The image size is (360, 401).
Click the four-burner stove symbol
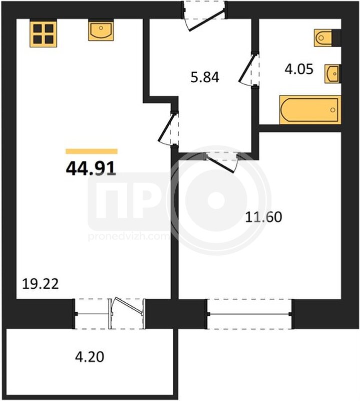click(43, 34)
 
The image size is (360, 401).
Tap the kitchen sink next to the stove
click(101, 31)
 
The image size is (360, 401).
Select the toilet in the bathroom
click(323, 38)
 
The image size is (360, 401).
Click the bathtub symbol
click(310, 110)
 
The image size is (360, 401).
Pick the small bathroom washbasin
click(332, 74)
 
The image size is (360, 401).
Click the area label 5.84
click(205, 77)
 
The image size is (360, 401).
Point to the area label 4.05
click(299, 69)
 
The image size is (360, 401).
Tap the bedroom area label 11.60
click(263, 217)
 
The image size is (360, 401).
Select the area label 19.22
click(41, 284)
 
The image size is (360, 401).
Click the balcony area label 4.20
click(90, 357)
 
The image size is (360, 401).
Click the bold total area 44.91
click(91, 169)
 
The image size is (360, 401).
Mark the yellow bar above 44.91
click(92, 151)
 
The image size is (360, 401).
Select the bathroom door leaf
click(247, 68)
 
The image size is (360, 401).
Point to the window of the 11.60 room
click(249, 314)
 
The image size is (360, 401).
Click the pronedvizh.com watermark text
click(128, 237)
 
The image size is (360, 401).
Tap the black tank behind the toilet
click(337, 38)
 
